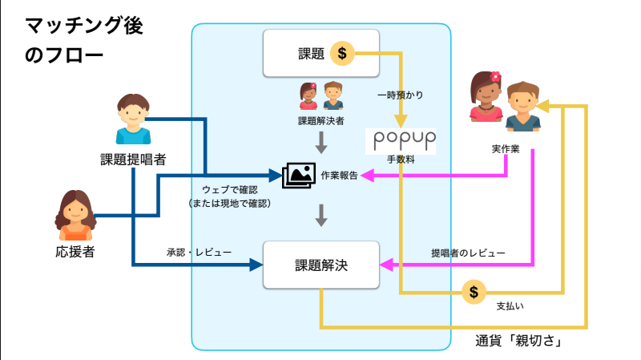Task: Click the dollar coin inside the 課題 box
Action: coord(343,54)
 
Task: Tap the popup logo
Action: coord(405,140)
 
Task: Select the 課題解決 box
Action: coord(320,264)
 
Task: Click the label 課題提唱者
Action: coord(133,158)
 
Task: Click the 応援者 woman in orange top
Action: coord(75,216)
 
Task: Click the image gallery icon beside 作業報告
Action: coord(298,174)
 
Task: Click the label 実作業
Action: coord(505,149)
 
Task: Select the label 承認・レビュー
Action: coord(199,253)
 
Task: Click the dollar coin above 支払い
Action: coord(474,290)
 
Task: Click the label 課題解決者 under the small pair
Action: coord(320,120)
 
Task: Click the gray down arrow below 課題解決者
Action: coord(321,143)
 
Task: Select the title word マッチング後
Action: coord(84,26)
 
